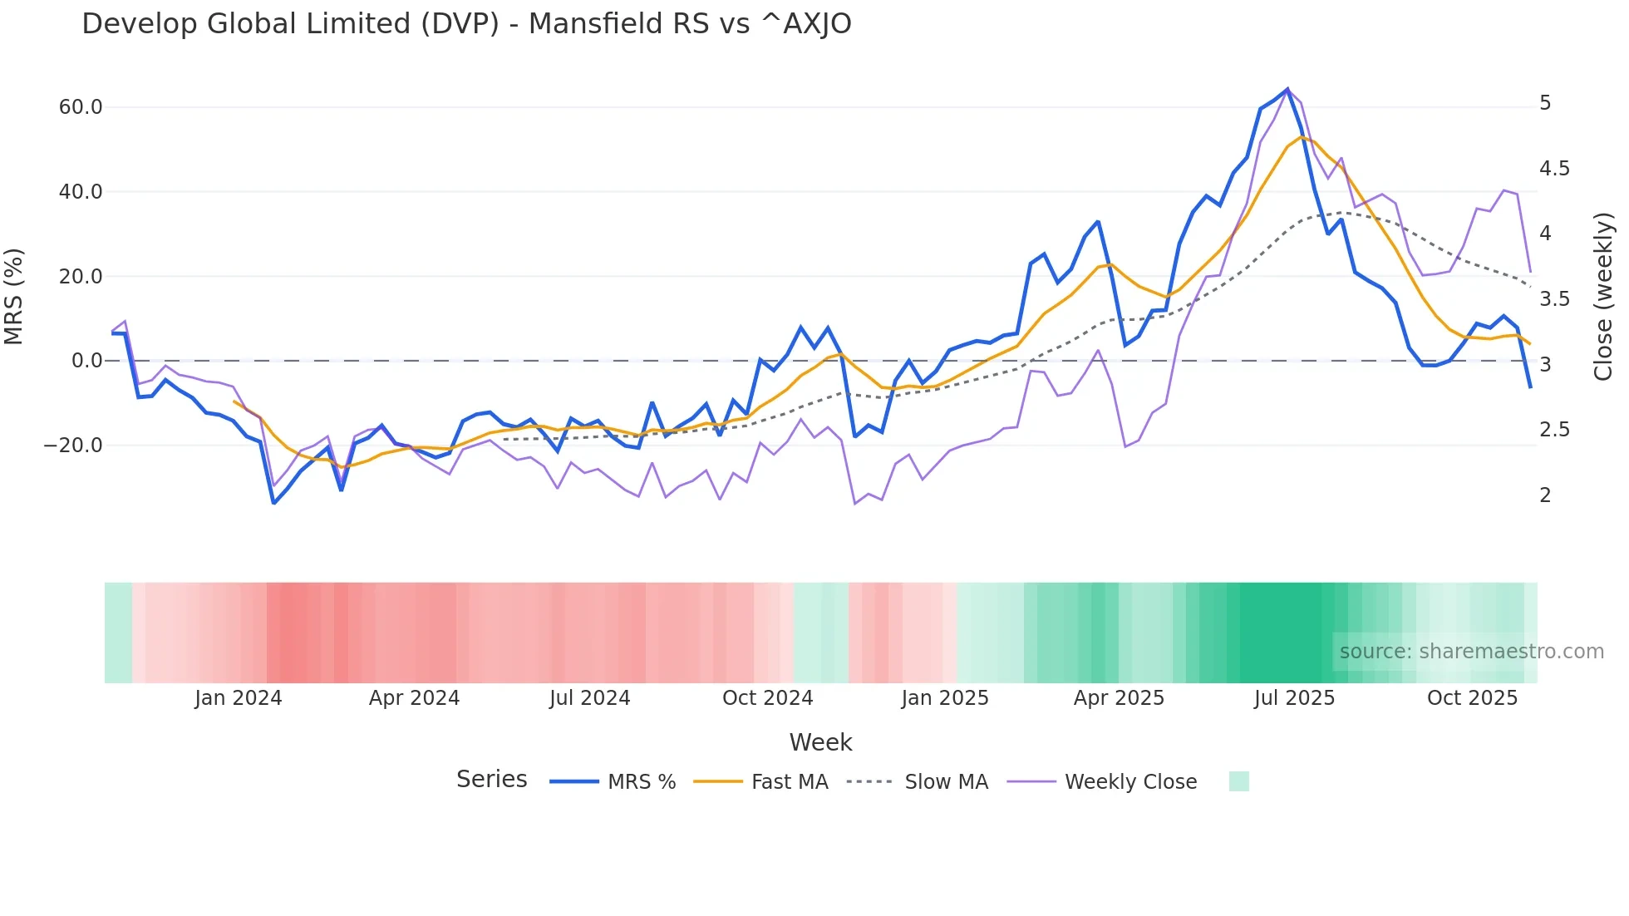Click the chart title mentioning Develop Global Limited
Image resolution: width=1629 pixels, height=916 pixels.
click(466, 24)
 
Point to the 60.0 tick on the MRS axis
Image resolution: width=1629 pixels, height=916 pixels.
click(81, 107)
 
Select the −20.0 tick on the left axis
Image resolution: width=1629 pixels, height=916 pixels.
click(73, 446)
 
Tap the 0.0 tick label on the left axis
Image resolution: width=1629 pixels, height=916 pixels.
click(86, 361)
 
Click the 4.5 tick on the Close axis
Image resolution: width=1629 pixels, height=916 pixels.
click(1554, 169)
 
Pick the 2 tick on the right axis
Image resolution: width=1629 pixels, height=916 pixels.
click(1545, 495)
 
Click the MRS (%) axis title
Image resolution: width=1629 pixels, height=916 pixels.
click(14, 297)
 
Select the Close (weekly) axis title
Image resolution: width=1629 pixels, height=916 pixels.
click(1603, 297)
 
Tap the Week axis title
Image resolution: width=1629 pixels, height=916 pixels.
click(820, 742)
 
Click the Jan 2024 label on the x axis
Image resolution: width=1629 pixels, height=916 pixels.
click(239, 698)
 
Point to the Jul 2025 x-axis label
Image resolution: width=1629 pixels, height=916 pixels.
click(1294, 698)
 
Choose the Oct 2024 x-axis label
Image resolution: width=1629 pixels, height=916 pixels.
click(767, 698)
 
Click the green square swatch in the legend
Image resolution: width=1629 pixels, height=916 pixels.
click(1238, 781)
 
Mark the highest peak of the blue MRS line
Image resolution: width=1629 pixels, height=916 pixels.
click(1287, 89)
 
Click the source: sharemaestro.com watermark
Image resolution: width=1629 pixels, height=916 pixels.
click(1471, 652)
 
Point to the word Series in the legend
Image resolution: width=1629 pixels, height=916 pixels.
click(491, 780)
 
